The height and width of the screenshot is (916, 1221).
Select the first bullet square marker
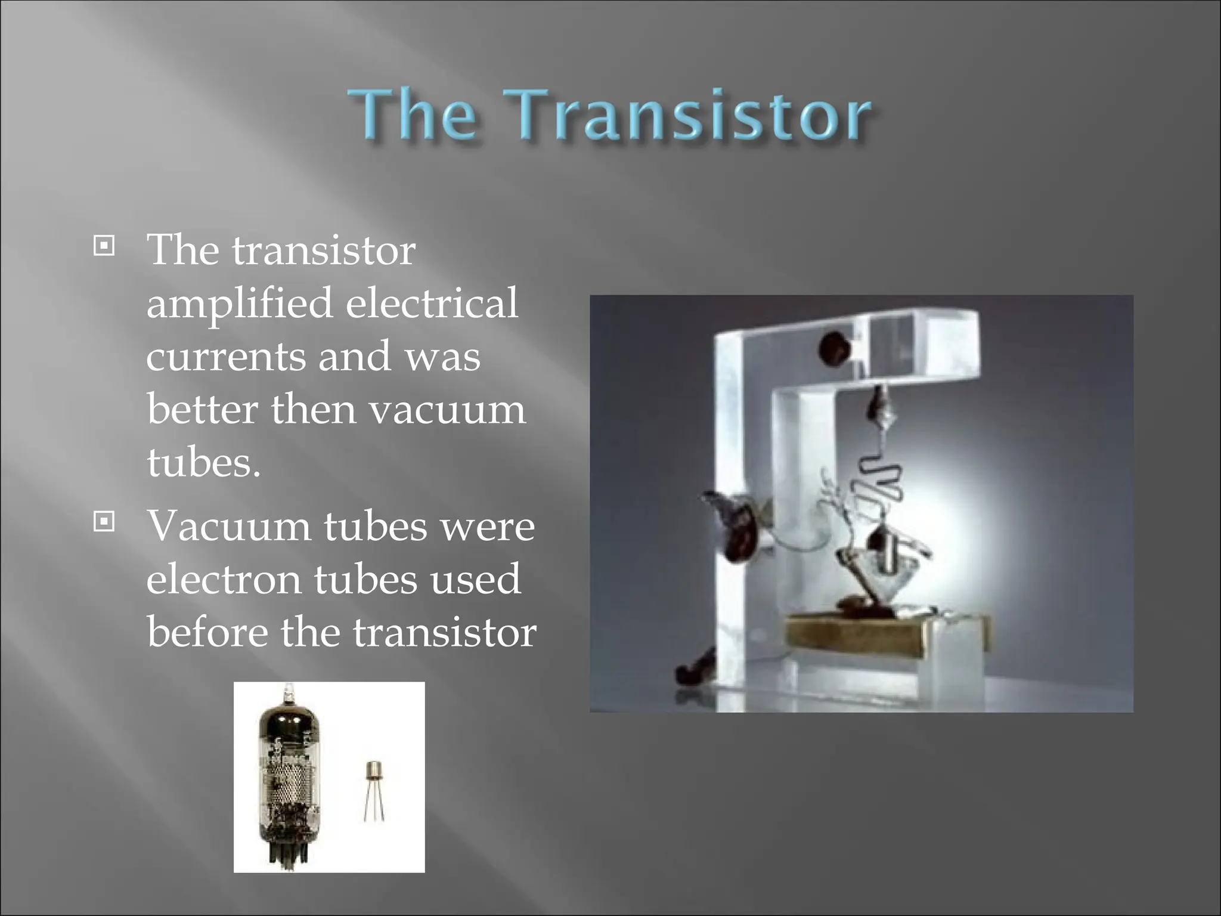pos(104,245)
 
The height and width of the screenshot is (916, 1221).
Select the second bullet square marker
pos(104,522)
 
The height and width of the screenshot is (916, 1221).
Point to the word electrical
pos(432,303)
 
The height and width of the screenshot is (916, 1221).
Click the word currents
pos(225,357)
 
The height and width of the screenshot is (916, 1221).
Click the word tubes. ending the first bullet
pos(203,462)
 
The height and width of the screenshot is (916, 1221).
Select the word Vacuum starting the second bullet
pos(229,527)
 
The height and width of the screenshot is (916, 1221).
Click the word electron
pos(224,580)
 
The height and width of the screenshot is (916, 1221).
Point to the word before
pos(207,632)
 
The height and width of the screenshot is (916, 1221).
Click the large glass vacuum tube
pos(289,769)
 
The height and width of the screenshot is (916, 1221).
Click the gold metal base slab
pos(882,638)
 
